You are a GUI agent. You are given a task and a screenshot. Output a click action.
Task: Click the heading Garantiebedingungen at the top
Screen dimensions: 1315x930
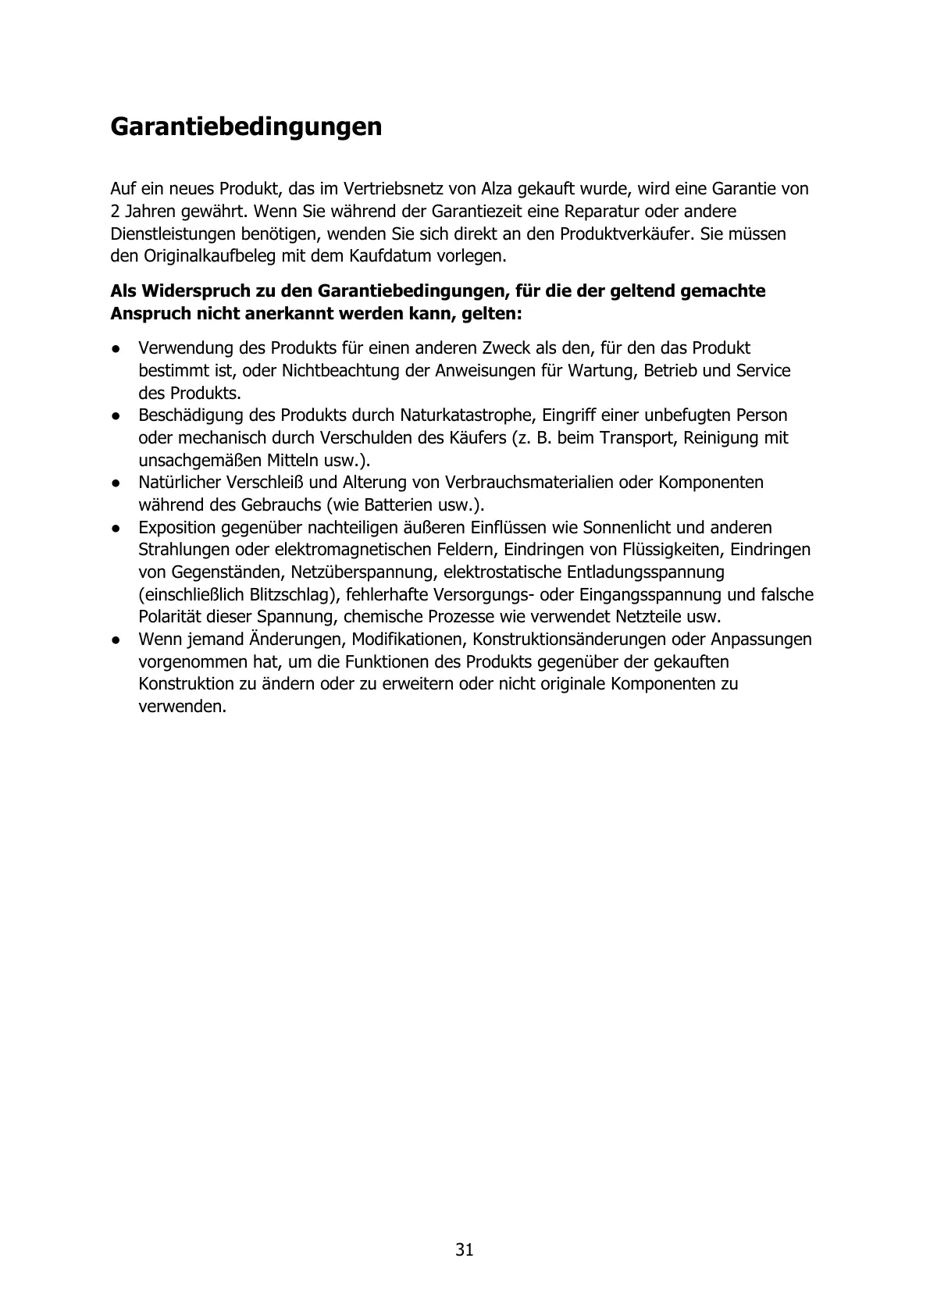coord(246,127)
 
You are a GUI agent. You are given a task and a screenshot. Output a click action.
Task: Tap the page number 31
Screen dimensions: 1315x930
coord(465,1249)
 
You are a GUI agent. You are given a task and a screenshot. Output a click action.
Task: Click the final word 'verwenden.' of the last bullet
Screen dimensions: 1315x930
coord(183,707)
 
